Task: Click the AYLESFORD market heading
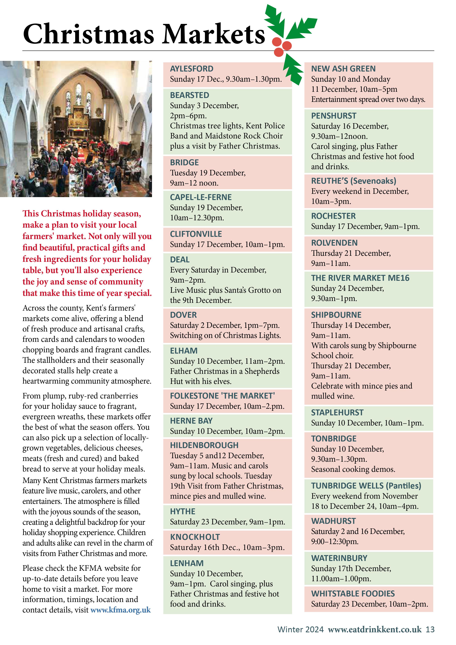point(192,69)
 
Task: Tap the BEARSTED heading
point(189,95)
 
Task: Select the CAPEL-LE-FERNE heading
point(201,197)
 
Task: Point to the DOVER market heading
point(183,315)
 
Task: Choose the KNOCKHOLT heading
point(195,537)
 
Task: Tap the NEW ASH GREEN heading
point(343,69)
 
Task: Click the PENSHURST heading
point(334,116)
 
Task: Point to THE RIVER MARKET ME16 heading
point(360,278)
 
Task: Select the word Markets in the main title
point(213,34)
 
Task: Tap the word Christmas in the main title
point(88,34)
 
